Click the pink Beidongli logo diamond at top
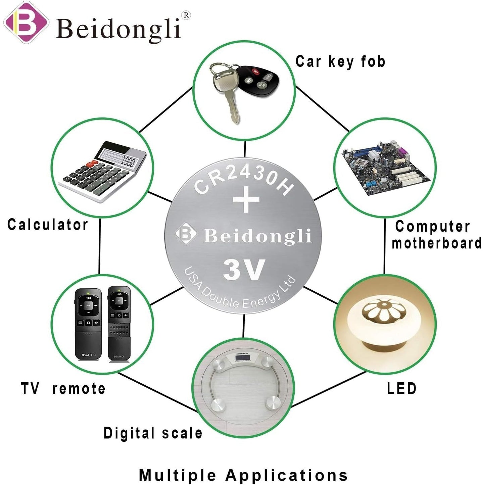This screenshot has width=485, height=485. (26, 22)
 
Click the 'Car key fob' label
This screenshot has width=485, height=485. (340, 62)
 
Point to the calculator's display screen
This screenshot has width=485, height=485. (117, 157)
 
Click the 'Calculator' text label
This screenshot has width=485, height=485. (48, 225)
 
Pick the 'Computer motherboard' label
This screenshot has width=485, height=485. (436, 235)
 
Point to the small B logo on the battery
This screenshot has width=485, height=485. (186, 233)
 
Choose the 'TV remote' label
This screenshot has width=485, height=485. (63, 388)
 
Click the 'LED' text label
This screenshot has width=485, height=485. (401, 388)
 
